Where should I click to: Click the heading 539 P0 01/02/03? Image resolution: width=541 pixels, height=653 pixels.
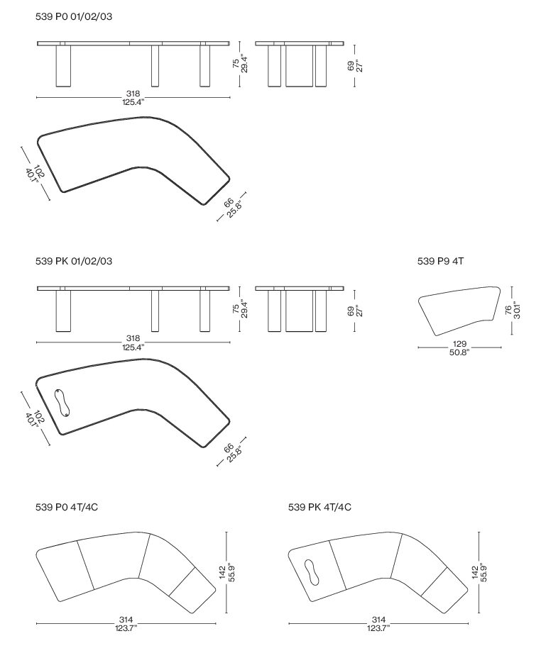tap(74, 17)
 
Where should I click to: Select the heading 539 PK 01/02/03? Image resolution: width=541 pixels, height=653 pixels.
tap(74, 262)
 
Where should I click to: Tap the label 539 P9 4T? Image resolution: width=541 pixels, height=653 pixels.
tap(440, 262)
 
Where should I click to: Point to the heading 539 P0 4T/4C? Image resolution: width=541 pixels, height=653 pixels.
tap(67, 507)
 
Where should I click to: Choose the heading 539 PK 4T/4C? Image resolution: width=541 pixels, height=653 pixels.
tap(319, 507)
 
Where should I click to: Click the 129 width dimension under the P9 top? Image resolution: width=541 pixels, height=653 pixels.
tap(459, 344)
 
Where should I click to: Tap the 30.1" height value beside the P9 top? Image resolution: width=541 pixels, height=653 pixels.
tap(518, 310)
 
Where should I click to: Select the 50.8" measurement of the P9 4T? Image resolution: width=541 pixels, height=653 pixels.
tap(459, 352)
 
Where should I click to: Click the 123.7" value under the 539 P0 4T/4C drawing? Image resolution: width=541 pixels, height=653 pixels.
tap(126, 628)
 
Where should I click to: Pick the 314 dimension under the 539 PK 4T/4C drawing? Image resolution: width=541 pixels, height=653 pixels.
tap(378, 620)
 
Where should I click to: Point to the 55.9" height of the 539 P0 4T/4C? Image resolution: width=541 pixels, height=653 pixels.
tap(232, 572)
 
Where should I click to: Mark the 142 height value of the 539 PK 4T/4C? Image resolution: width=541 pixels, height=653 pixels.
tap(475, 572)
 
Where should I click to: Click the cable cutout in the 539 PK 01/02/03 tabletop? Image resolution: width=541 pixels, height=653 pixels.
tap(62, 403)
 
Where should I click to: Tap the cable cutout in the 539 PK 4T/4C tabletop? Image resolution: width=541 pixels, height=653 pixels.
tap(312, 572)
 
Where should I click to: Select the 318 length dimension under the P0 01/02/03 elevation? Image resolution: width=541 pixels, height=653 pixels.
tap(133, 94)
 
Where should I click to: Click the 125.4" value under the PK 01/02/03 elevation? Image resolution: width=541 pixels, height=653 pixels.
tap(133, 347)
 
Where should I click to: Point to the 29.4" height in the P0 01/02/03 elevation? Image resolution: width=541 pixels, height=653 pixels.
tap(245, 65)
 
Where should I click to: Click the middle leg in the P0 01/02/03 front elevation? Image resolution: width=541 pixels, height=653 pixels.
tap(155, 66)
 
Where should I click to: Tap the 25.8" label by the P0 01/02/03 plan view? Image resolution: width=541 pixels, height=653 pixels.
tap(234, 209)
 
